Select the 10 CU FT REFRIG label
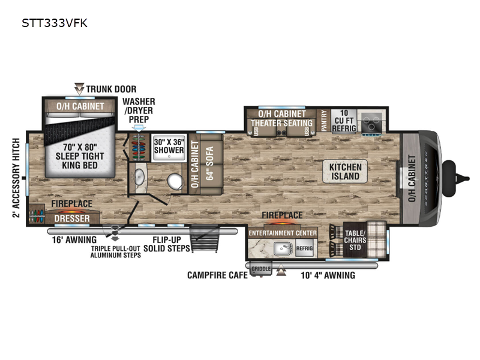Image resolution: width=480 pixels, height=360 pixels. tap(345, 121)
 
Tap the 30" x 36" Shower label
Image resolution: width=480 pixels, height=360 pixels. tap(169, 146)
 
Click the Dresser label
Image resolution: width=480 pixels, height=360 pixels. tap(71, 218)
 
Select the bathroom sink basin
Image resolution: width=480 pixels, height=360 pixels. tap(139, 178)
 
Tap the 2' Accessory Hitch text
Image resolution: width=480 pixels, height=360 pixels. tap(16, 178)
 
